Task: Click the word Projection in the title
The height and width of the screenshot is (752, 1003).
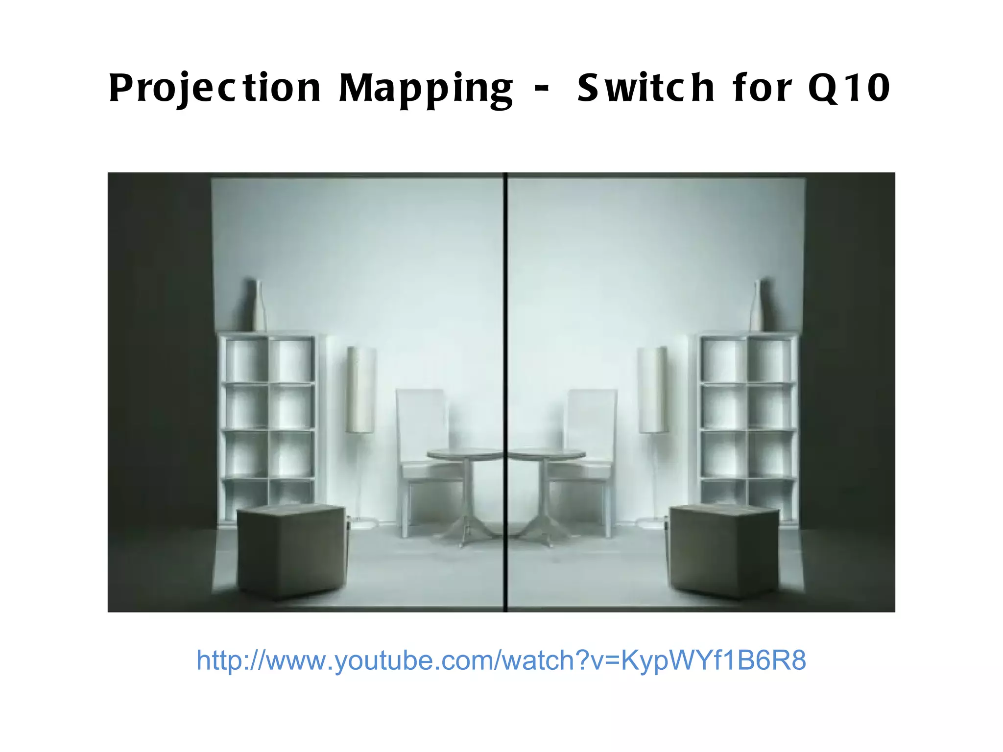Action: coord(215,88)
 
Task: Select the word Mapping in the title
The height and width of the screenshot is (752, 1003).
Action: coord(425,88)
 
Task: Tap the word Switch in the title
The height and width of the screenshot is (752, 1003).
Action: coord(645,88)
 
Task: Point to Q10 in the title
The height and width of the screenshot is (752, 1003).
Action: coord(849,88)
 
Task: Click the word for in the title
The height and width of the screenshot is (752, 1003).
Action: coord(762,88)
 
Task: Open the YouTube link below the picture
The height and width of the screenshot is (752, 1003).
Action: coord(501,660)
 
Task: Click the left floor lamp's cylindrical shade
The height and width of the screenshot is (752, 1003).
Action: coord(361,390)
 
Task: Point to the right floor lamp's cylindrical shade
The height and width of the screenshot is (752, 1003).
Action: coord(652,390)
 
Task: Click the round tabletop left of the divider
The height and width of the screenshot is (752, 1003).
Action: coord(464,454)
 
